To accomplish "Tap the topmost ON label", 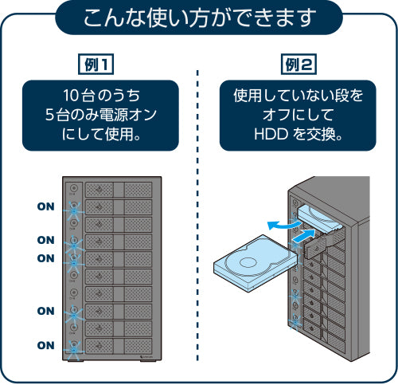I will point(46,206).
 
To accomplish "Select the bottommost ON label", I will point(46,345).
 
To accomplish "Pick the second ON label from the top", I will point(46,240).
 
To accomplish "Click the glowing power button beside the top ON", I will point(75,207).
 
